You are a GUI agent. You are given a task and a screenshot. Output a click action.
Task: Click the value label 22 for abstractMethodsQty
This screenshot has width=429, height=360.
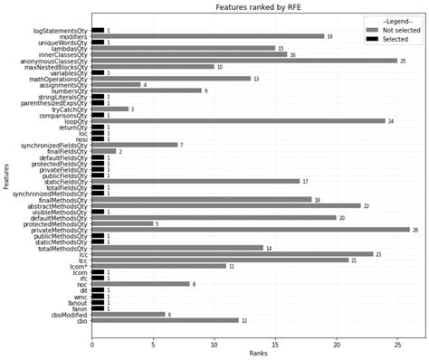tap(367, 206)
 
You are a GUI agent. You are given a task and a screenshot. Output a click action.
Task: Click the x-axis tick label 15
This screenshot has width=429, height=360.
tap(275, 344)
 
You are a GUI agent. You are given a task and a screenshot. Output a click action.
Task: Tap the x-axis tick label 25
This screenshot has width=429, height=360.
tap(397, 344)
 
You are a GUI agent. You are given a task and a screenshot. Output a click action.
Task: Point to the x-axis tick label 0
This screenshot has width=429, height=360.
tap(91, 344)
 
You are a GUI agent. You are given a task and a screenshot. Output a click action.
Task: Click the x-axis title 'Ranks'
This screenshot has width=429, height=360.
tap(258, 354)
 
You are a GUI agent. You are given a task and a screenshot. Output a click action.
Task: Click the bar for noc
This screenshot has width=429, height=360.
tap(140, 284)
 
